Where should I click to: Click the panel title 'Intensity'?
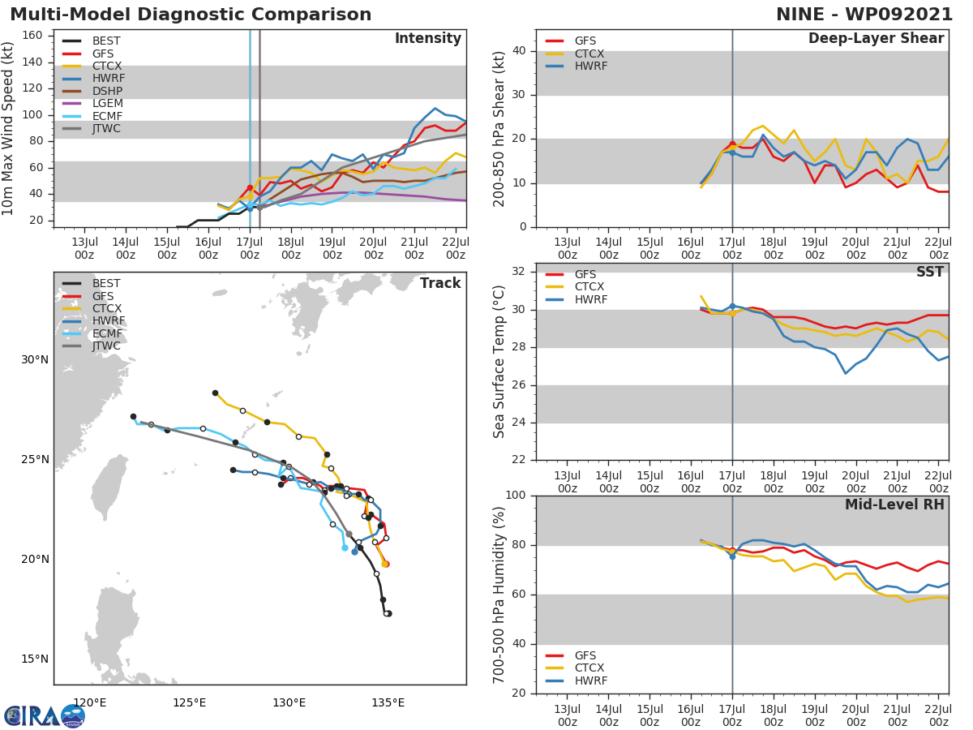(x=427, y=39)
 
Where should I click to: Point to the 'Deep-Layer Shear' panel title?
(x=876, y=39)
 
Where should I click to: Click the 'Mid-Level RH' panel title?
(x=894, y=505)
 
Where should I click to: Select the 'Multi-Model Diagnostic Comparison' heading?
(x=191, y=15)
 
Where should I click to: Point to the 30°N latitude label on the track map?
(x=34, y=360)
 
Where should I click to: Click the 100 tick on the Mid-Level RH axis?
(x=516, y=496)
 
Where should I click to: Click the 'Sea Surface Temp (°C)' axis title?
(x=499, y=362)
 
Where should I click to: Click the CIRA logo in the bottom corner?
(x=45, y=715)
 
